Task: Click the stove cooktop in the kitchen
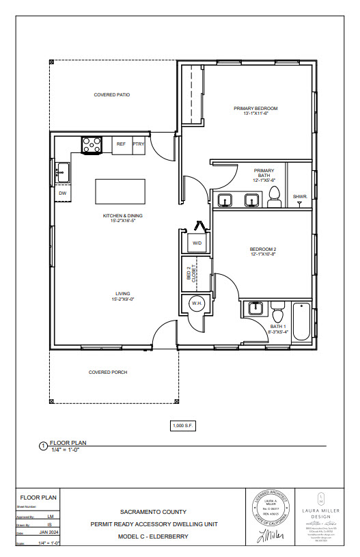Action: (x=92, y=145)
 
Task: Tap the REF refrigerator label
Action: (x=121, y=144)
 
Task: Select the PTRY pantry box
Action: (x=139, y=144)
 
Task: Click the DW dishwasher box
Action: (x=62, y=194)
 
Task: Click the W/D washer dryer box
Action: (x=197, y=243)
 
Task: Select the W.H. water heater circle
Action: (x=195, y=303)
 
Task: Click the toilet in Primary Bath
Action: (x=274, y=198)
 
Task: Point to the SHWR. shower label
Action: (x=299, y=197)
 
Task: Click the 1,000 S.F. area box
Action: (x=182, y=426)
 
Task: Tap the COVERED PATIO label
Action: (x=112, y=95)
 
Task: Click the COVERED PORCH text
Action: (x=108, y=372)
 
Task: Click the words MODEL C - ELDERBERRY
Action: (x=153, y=536)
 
